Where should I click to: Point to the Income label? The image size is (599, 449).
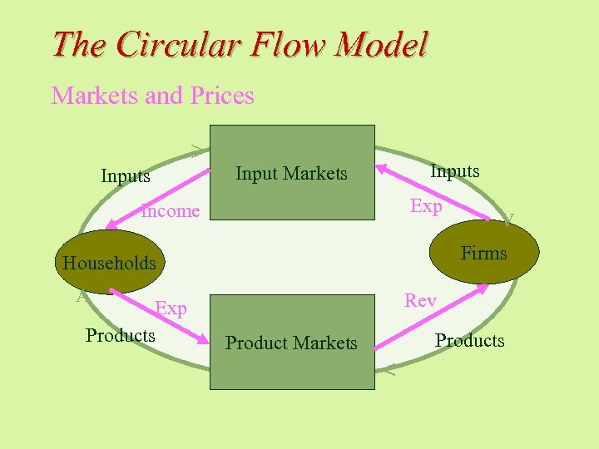coord(171,211)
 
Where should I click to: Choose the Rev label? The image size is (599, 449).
coord(420,301)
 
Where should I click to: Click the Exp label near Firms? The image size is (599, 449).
coord(426,206)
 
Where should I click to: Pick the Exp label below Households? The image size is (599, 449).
coord(171,309)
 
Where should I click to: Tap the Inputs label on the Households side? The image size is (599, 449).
coord(126,176)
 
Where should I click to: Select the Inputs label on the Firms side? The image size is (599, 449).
coord(454,171)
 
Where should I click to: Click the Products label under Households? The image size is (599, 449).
coord(121,335)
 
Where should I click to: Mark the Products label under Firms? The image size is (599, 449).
coord(469,341)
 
